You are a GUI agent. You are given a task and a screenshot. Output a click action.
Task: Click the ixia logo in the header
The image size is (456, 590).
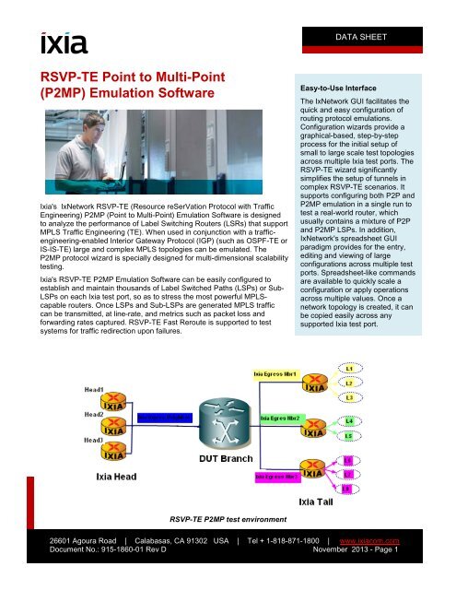pos(63,42)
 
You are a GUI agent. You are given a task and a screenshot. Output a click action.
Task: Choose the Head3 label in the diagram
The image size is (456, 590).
pos(94,441)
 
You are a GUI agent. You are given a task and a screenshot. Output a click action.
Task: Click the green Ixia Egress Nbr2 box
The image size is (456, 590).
pos(290,419)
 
